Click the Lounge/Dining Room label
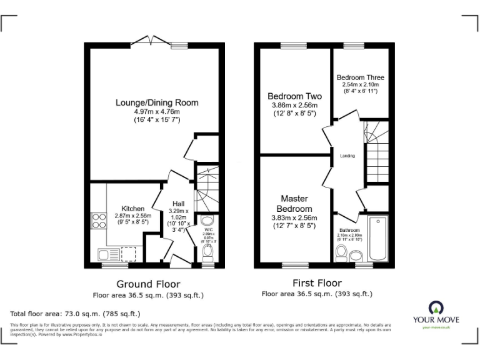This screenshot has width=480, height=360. [157, 102]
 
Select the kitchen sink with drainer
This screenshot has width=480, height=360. [108, 253]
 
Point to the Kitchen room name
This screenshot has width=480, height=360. [133, 209]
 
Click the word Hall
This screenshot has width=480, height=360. [178, 204]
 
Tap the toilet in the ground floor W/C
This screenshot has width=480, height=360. [209, 252]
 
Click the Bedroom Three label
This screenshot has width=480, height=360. [361, 77]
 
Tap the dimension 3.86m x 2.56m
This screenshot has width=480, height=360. [294, 106]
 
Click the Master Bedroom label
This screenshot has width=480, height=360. [294, 204]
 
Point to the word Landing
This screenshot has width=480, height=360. [347, 156]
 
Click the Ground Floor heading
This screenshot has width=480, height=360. [148, 284]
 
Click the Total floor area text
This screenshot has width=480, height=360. [76, 313]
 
